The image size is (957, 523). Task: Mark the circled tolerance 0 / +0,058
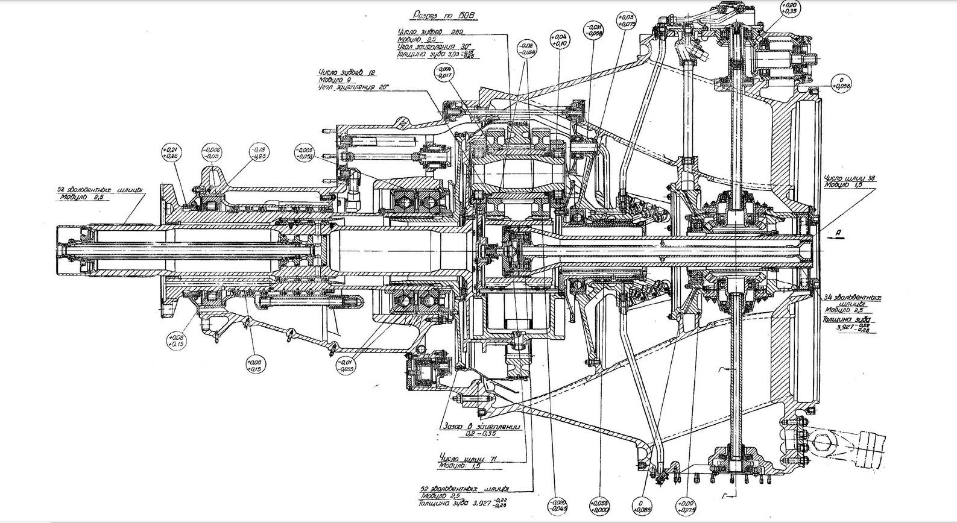(844, 83)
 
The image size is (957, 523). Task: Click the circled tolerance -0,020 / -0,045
(559, 505)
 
